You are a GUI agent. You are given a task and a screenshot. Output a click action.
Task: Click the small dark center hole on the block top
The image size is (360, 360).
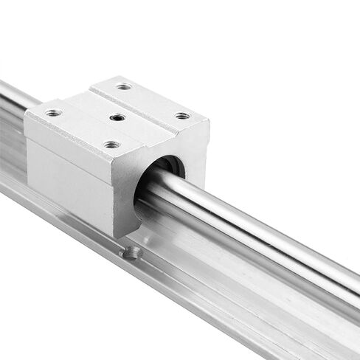(117, 118)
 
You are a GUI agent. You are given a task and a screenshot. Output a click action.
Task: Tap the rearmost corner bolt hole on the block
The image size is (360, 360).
(124, 86)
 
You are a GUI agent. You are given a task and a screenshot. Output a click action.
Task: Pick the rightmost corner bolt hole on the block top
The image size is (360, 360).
(181, 116)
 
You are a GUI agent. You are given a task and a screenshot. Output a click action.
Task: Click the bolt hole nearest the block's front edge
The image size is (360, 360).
(111, 145)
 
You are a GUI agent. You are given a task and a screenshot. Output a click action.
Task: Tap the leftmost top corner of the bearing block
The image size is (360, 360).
(26, 111)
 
